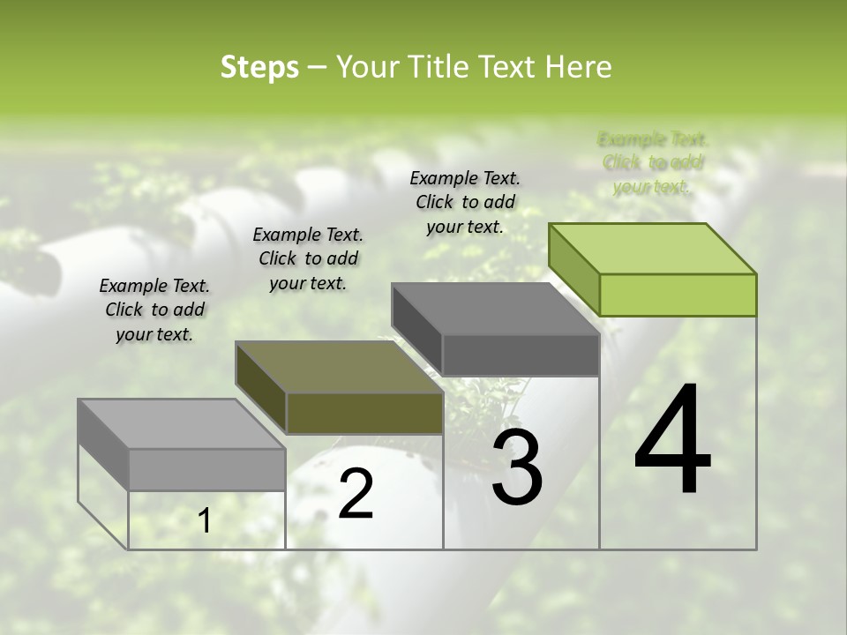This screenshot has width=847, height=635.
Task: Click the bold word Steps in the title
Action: click(259, 67)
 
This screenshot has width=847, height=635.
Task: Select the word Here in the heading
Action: click(580, 67)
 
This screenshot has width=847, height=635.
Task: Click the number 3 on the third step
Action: click(517, 468)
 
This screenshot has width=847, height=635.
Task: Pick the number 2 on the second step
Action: click(356, 494)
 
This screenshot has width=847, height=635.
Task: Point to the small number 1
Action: click(204, 521)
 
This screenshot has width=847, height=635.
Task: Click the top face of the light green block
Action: click(653, 248)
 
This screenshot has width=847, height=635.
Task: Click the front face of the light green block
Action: click(678, 295)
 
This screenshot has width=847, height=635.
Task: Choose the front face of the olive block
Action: click(364, 413)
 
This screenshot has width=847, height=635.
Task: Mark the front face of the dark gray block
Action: click(521, 355)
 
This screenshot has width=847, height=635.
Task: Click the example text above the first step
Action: click(154, 310)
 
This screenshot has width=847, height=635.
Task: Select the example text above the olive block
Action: click(308, 258)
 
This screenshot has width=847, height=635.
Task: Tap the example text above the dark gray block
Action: click(465, 202)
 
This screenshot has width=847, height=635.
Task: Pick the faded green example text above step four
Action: click(653, 162)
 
